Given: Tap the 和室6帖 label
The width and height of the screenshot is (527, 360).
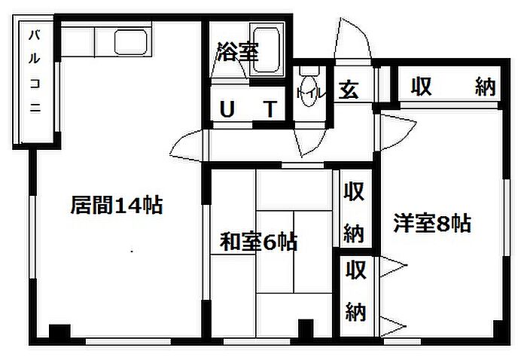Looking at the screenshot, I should tap(257, 243).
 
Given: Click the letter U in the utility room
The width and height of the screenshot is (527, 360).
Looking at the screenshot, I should tap(226, 110).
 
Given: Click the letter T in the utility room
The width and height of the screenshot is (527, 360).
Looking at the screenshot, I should tap(270, 110).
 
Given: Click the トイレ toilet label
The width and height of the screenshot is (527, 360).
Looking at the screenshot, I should tap(310, 93).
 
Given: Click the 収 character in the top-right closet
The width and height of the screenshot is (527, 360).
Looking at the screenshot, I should tap(420, 87).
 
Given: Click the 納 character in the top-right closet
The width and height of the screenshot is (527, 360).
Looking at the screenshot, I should tap(486, 87).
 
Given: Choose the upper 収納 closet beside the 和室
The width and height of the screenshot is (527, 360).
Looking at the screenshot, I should tap(354, 212).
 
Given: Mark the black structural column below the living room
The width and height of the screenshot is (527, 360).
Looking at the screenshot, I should tap(57, 332).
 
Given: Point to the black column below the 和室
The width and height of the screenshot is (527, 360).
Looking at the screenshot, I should tap(305, 328).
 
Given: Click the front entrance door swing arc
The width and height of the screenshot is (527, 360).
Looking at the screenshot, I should tap(352, 38).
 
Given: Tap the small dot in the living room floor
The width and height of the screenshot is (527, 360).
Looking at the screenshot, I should tap(133, 250).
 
